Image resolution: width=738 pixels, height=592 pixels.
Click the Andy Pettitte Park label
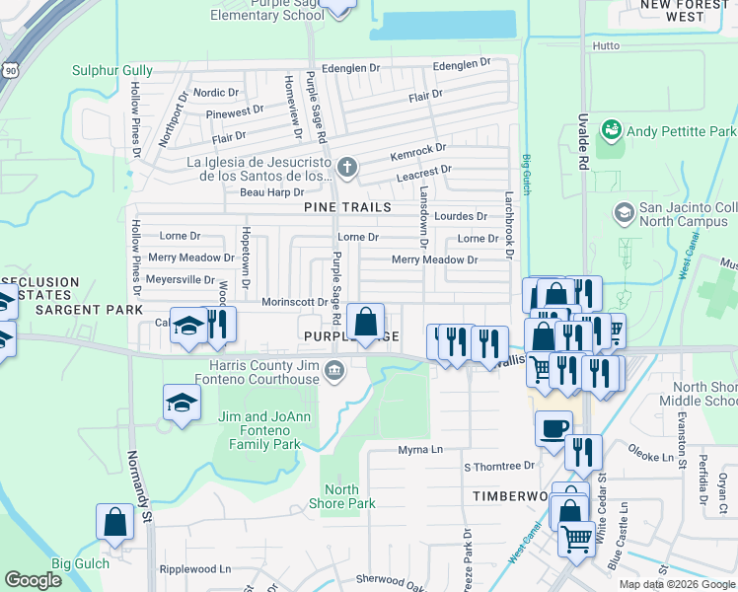coord(682,131)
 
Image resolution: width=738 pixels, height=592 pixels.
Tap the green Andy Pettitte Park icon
coord(612,130)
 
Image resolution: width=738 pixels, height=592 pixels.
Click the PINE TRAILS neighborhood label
coord(348,207)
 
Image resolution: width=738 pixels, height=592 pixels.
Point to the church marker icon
coord(345,166)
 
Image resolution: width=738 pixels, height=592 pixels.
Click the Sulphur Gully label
coord(112,70)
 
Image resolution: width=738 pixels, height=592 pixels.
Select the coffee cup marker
coord(553,427)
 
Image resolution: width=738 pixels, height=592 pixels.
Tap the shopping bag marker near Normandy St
coord(114,521)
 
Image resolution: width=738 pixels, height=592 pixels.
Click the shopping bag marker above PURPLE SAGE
coord(365,321)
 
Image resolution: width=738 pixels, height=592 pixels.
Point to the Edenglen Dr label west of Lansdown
coord(350,69)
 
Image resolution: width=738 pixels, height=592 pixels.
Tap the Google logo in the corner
coord(33,580)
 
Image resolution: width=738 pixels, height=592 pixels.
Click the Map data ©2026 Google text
coord(677,584)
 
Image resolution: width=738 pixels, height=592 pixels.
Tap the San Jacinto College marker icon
coord(623,212)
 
